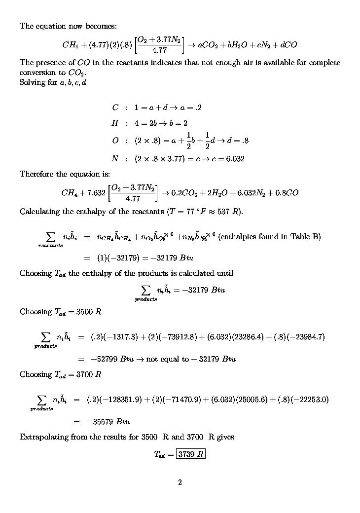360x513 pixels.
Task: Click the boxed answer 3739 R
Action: pos(191,454)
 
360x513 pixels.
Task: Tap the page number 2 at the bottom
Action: pos(180,482)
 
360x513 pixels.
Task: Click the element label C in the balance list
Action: pos(115,108)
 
